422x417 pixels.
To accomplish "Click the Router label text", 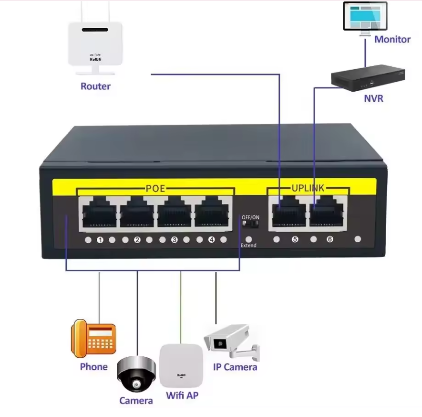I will [x=95, y=86].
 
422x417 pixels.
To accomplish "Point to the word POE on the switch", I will [x=155, y=189].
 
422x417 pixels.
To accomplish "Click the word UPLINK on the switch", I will [x=308, y=188].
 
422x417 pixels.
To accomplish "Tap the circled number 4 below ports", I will [x=211, y=240].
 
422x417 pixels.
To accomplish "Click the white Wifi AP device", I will [x=181, y=365].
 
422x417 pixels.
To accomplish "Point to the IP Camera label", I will [x=235, y=367].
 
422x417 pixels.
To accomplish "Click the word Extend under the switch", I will [x=248, y=246].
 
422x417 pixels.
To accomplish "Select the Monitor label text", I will [x=392, y=40].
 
